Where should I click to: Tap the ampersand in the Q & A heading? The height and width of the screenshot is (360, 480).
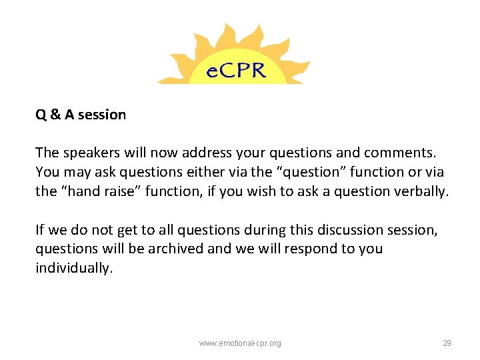coord(55,115)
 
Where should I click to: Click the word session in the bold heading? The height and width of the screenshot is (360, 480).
coord(101,115)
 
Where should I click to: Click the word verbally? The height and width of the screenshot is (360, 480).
coord(422,191)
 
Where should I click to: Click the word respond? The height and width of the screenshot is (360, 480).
coord(304,249)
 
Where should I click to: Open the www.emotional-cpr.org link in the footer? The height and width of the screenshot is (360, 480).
coord(240,343)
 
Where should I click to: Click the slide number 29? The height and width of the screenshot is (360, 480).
coord(447,343)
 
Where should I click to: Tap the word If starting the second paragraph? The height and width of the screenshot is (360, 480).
coord(40,230)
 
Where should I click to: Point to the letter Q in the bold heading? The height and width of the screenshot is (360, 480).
coord(41,115)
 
